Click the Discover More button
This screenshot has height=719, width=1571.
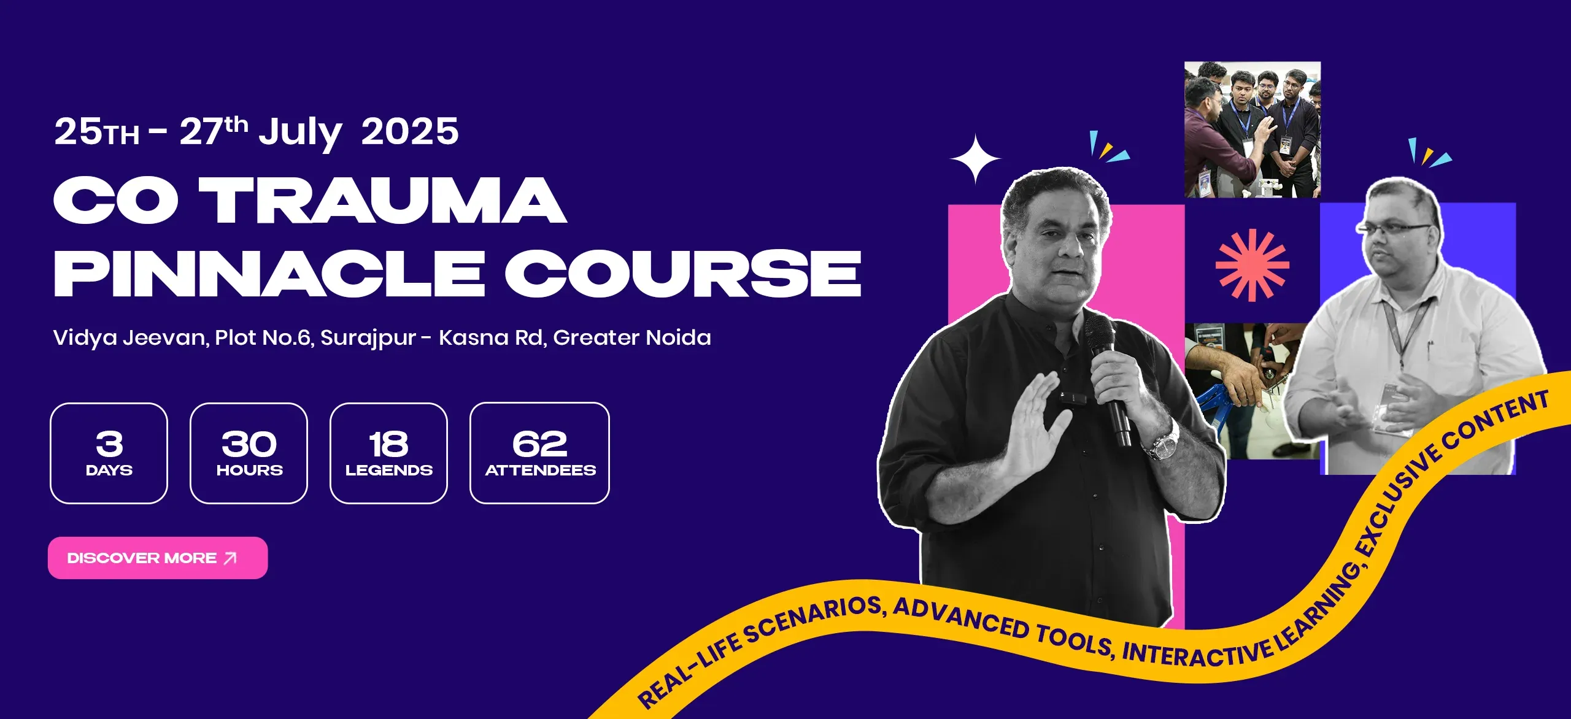pos(158,558)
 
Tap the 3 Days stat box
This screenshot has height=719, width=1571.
pos(109,453)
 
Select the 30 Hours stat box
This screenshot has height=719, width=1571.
pos(249,453)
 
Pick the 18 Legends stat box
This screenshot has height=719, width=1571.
pos(388,453)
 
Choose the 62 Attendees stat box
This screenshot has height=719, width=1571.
pos(539,453)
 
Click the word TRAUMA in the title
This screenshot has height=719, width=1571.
pos(382,201)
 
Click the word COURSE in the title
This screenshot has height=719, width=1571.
pos(683,274)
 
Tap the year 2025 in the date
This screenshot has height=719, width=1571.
pos(410,131)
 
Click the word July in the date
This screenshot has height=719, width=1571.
pos(299,134)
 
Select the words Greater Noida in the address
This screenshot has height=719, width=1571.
pos(632,337)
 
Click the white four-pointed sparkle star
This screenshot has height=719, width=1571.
pos(975,159)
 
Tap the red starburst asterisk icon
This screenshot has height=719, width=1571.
pos(1253,265)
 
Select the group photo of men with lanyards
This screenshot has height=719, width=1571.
pos(1253,129)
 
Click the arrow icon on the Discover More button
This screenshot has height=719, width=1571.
pos(230,558)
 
